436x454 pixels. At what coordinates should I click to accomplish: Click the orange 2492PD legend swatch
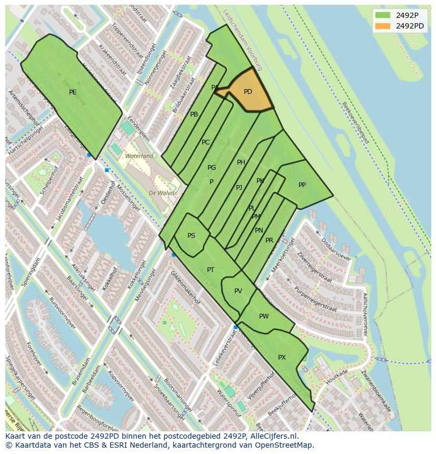click(383, 26)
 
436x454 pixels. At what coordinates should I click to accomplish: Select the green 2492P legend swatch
click(383, 15)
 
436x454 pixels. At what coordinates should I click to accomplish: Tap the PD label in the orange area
click(248, 92)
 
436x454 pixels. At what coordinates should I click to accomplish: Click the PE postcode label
click(73, 92)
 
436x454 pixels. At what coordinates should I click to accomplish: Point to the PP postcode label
click(302, 185)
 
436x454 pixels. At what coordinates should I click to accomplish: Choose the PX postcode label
click(282, 358)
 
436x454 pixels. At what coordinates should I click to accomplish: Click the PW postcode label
click(264, 316)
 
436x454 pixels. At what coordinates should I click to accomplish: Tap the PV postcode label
click(238, 291)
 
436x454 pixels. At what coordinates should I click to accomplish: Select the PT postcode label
click(211, 270)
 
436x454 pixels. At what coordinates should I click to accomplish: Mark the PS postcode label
click(191, 236)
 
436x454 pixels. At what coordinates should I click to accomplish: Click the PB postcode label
click(194, 114)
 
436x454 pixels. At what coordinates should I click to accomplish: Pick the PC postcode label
click(205, 142)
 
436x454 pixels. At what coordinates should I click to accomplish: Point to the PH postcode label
click(241, 162)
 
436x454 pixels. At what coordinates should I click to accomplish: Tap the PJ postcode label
click(239, 188)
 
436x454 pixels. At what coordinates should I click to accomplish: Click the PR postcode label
click(269, 240)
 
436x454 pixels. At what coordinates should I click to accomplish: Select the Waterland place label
click(139, 156)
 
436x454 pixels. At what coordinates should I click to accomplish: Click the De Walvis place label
click(162, 193)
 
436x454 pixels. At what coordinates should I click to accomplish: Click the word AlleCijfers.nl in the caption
click(274, 436)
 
